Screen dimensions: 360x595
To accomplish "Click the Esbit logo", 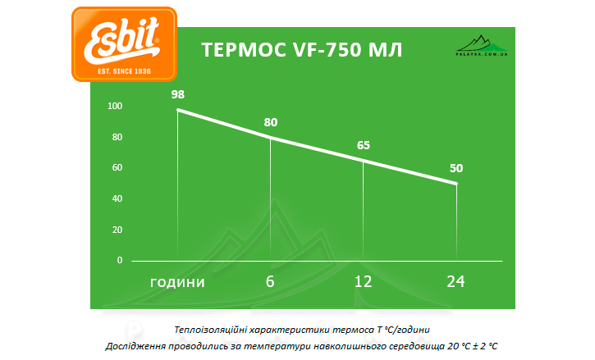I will (x=124, y=44).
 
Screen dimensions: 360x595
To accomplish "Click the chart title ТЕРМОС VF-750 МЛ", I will (x=302, y=50).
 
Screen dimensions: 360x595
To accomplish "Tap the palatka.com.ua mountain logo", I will (x=481, y=46).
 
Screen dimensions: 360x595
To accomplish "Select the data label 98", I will (x=178, y=94).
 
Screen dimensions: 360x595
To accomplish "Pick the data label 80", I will (x=271, y=123).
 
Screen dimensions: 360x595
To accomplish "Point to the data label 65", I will (x=364, y=145).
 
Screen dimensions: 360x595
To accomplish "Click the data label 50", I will (x=456, y=168).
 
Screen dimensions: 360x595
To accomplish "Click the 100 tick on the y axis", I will (x=115, y=106).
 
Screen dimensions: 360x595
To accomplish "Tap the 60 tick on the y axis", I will (x=117, y=167).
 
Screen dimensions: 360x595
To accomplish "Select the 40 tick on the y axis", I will (x=117, y=198).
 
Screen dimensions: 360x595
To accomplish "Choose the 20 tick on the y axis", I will (x=117, y=230).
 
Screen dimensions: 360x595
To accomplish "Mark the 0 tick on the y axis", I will (x=120, y=260).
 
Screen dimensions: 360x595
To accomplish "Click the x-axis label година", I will (x=177, y=282).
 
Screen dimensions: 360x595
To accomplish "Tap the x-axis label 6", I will (x=270, y=281).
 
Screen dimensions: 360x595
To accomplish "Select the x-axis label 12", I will (x=364, y=281).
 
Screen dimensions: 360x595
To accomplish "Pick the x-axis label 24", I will (x=456, y=281).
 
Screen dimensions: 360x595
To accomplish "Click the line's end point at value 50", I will (x=456, y=184).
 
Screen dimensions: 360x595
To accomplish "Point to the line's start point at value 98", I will (x=178, y=110).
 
